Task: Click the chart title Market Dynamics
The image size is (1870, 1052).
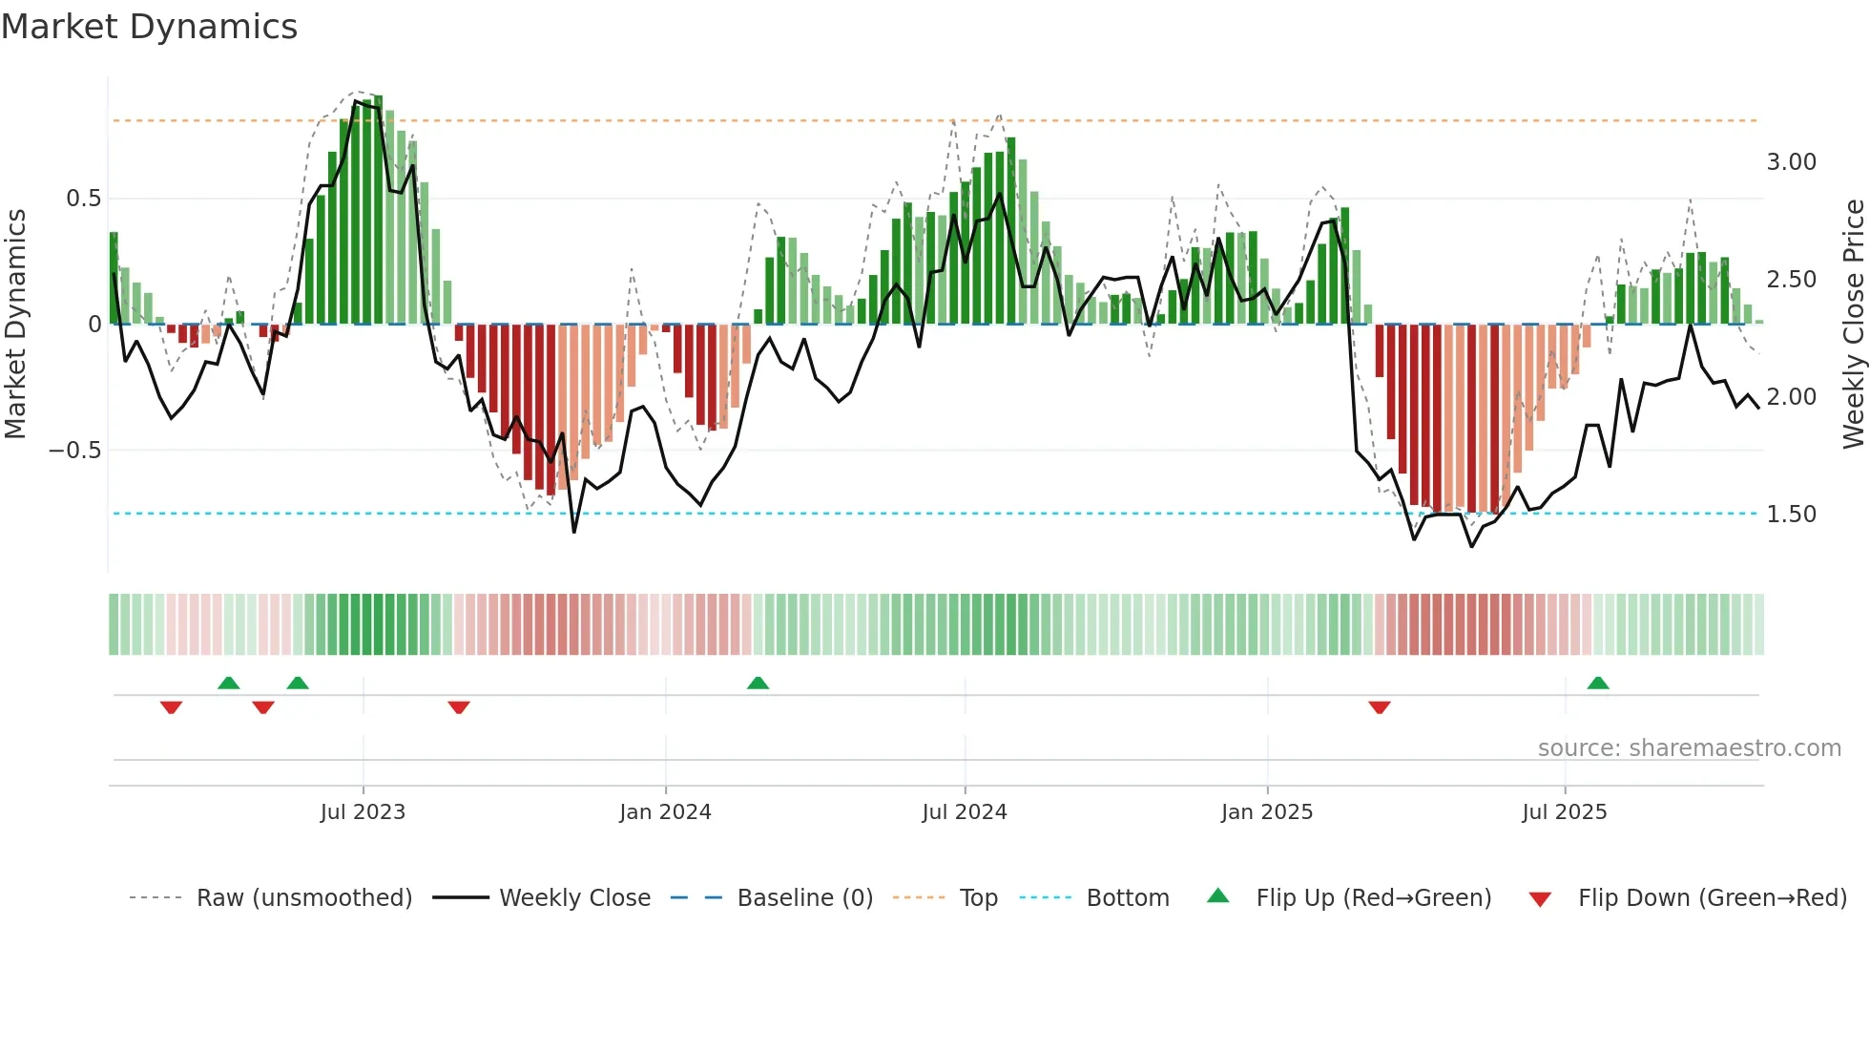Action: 150,27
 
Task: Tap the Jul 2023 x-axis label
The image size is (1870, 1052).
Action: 363,812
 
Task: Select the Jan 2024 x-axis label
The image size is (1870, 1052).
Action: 665,812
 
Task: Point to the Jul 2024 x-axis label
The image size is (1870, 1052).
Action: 965,812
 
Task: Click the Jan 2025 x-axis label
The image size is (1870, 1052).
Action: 1267,812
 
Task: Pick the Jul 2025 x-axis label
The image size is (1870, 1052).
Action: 1565,812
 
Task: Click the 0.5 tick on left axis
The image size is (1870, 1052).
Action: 83,199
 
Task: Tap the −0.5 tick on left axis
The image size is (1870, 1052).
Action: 75,450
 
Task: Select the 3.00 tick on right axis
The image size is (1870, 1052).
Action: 1791,162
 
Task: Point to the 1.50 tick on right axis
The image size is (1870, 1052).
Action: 1791,515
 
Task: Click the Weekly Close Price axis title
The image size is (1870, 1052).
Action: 1853,325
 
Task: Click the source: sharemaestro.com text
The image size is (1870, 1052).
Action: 1689,748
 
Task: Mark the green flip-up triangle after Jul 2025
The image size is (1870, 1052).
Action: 1598,684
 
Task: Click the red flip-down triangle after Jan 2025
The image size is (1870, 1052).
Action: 1380,706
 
